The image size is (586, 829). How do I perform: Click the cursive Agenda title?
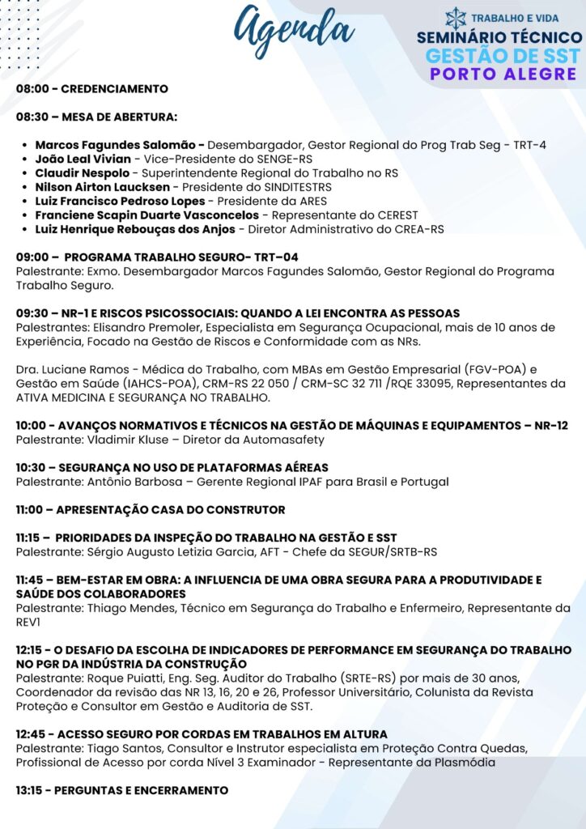point(293,31)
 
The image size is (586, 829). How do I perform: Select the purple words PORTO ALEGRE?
point(503,74)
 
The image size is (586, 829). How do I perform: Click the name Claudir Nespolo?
point(81,173)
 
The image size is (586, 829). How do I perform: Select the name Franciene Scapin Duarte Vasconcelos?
point(147,215)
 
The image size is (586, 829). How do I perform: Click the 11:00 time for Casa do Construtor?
point(32,510)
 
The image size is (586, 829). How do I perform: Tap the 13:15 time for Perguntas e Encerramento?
point(32,790)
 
